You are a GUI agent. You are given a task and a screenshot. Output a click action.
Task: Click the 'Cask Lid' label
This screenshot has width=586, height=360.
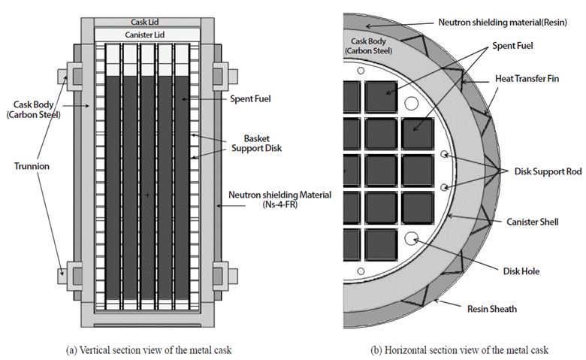[x=145, y=22]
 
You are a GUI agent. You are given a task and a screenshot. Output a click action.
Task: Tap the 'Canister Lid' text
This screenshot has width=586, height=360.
[x=145, y=35]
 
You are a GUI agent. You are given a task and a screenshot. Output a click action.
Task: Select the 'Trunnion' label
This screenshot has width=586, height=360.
[x=32, y=166]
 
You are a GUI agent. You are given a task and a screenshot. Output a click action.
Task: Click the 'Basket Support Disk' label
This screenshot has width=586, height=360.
[x=256, y=144]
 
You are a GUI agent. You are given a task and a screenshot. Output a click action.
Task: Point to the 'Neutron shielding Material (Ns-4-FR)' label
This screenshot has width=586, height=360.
[x=279, y=200]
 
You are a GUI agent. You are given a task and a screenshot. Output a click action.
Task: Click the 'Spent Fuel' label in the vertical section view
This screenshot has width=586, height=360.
[x=250, y=98]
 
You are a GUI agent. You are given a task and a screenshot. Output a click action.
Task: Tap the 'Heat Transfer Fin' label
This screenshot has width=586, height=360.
[x=527, y=78]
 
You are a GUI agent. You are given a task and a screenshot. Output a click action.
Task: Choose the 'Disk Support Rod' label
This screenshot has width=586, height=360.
[x=548, y=171]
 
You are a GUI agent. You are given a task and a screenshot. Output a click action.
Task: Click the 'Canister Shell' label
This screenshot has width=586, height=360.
[x=533, y=222]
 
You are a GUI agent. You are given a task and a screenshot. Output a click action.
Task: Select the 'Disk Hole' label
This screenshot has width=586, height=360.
[x=521, y=271]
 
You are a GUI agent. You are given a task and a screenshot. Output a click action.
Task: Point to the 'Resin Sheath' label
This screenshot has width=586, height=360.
[x=492, y=309]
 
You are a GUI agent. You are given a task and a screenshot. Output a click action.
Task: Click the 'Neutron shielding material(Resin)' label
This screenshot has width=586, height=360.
[x=503, y=23]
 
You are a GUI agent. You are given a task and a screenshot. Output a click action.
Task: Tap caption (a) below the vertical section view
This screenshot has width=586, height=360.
[x=149, y=350]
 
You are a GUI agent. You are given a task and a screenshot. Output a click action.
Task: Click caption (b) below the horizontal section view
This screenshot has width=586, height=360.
[x=459, y=350]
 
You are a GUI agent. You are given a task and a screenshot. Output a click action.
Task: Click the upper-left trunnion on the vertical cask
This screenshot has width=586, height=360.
[x=71, y=76]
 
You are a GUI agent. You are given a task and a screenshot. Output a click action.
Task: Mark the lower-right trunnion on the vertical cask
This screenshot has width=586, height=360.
[x=225, y=276]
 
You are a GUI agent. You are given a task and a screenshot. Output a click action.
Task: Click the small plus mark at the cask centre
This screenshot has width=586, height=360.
[x=147, y=195]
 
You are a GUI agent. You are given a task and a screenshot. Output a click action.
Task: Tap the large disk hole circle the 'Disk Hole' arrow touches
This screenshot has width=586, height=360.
[x=412, y=238]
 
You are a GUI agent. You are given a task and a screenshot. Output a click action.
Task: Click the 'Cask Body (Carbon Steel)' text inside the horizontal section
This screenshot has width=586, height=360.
[x=368, y=46]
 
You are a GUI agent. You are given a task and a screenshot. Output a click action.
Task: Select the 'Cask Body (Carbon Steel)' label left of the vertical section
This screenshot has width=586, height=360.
[x=33, y=110]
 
